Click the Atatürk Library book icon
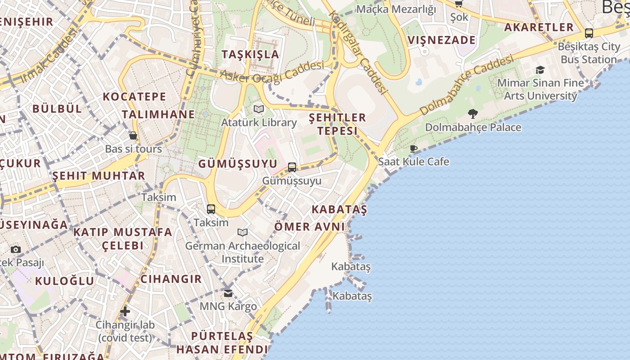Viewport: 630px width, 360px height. (259, 109)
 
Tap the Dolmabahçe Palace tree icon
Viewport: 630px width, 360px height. (472, 113)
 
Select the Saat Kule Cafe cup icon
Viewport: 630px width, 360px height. (414, 148)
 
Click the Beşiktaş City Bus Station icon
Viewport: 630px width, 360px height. (589, 33)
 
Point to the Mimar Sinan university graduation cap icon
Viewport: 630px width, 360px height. (540, 70)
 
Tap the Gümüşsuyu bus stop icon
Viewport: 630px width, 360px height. (292, 167)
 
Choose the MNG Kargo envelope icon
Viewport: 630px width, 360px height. (228, 293)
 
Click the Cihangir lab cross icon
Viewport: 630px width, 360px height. (125, 311)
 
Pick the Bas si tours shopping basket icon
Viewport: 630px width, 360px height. (133, 135)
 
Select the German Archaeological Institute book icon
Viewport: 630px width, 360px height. (243, 232)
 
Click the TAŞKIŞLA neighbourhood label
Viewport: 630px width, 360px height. (251, 54)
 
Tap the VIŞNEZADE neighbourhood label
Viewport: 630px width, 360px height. (441, 40)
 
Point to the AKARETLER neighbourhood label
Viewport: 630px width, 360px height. (539, 27)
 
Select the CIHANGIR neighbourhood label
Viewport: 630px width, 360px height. (171, 279)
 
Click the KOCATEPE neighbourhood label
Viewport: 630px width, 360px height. (135, 96)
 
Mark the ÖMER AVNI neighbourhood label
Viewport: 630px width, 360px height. (310, 226)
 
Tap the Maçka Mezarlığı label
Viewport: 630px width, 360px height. (396, 9)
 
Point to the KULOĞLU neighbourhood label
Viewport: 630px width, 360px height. (65, 281)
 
